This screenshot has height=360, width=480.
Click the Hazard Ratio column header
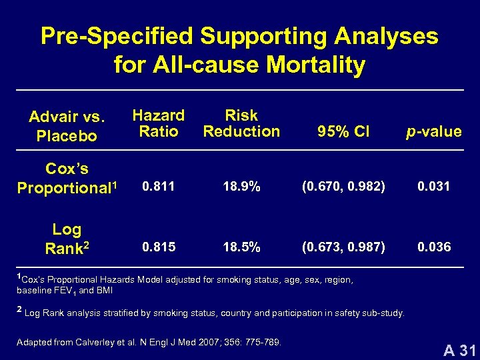158,123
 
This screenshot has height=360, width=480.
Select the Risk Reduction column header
241,123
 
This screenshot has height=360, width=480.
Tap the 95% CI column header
343,131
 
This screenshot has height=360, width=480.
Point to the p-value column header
433,131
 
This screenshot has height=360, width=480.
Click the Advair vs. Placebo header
67,127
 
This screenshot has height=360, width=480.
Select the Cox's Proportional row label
67,179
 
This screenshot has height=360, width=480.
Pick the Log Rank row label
67,239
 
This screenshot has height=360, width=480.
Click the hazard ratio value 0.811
158,187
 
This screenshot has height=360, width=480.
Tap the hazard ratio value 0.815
158,247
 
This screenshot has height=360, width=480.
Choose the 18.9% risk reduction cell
241,187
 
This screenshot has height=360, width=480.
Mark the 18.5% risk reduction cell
241,247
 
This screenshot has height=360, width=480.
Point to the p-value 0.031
433,187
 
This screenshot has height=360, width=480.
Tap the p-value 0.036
433,247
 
